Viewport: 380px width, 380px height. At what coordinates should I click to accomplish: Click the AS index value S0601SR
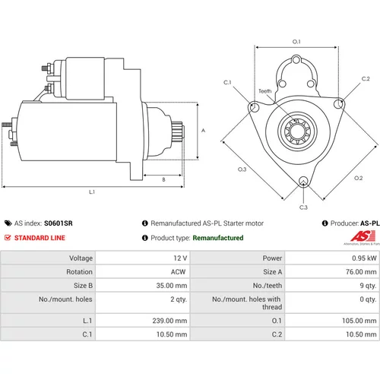[x=59, y=223]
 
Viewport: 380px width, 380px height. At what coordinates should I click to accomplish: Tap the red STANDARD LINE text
[x=40, y=238]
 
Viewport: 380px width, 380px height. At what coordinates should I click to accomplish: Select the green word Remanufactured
[x=218, y=238]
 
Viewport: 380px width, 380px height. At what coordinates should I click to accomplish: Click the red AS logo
[x=363, y=236]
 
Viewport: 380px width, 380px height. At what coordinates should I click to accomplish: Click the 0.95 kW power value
[x=364, y=258]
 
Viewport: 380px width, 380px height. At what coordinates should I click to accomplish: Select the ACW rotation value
[x=178, y=272]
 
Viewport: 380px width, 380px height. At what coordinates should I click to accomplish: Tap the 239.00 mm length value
[x=169, y=321]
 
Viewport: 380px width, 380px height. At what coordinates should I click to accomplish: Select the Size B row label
[x=83, y=286]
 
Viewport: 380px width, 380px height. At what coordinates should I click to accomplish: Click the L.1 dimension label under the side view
[x=92, y=192]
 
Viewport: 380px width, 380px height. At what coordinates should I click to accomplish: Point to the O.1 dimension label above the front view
[x=296, y=42]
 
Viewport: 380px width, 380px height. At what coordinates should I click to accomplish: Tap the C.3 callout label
[x=303, y=207]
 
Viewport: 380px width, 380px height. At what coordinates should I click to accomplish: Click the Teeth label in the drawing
[x=265, y=91]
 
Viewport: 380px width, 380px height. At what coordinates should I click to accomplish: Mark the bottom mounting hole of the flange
[x=303, y=182]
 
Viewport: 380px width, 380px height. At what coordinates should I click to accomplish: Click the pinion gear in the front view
[x=297, y=131]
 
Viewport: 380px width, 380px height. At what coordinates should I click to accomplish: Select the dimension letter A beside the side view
[x=203, y=131]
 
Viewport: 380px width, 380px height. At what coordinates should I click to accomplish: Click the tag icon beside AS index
[x=8, y=223]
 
